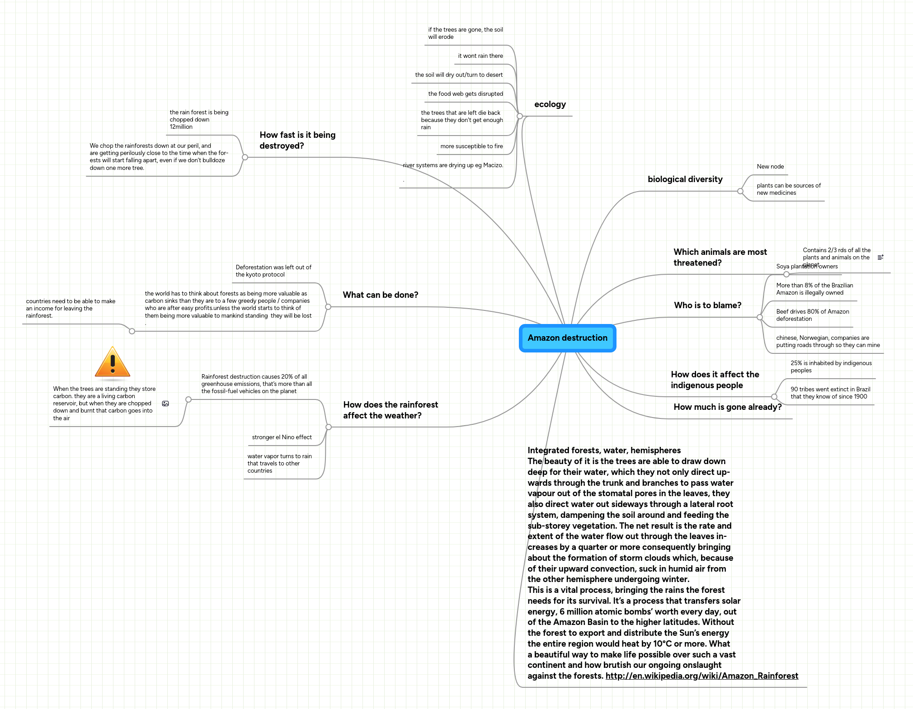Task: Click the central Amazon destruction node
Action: pyautogui.click(x=567, y=338)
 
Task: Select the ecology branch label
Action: pyautogui.click(x=550, y=104)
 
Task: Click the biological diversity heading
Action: pyautogui.click(x=685, y=179)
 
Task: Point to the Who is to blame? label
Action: pyautogui.click(x=707, y=305)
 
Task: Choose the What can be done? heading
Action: pyautogui.click(x=380, y=295)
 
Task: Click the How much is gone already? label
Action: pyautogui.click(x=727, y=407)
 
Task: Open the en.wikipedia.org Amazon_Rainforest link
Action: pyautogui.click(x=701, y=676)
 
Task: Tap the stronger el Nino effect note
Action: pyautogui.click(x=282, y=437)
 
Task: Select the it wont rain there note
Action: pyautogui.click(x=480, y=56)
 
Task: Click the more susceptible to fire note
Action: pyautogui.click(x=471, y=146)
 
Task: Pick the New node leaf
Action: pyautogui.click(x=770, y=167)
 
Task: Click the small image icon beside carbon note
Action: pyautogui.click(x=165, y=404)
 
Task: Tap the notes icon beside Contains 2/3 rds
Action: pyautogui.click(x=880, y=257)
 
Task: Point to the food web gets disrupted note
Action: pyautogui.click(x=466, y=94)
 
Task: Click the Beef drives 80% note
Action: pyautogui.click(x=812, y=315)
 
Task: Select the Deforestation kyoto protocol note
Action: pyautogui.click(x=273, y=271)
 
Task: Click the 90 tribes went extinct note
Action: pyautogui.click(x=830, y=393)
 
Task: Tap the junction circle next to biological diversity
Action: pyautogui.click(x=740, y=191)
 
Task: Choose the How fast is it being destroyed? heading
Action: pyautogui.click(x=297, y=141)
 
